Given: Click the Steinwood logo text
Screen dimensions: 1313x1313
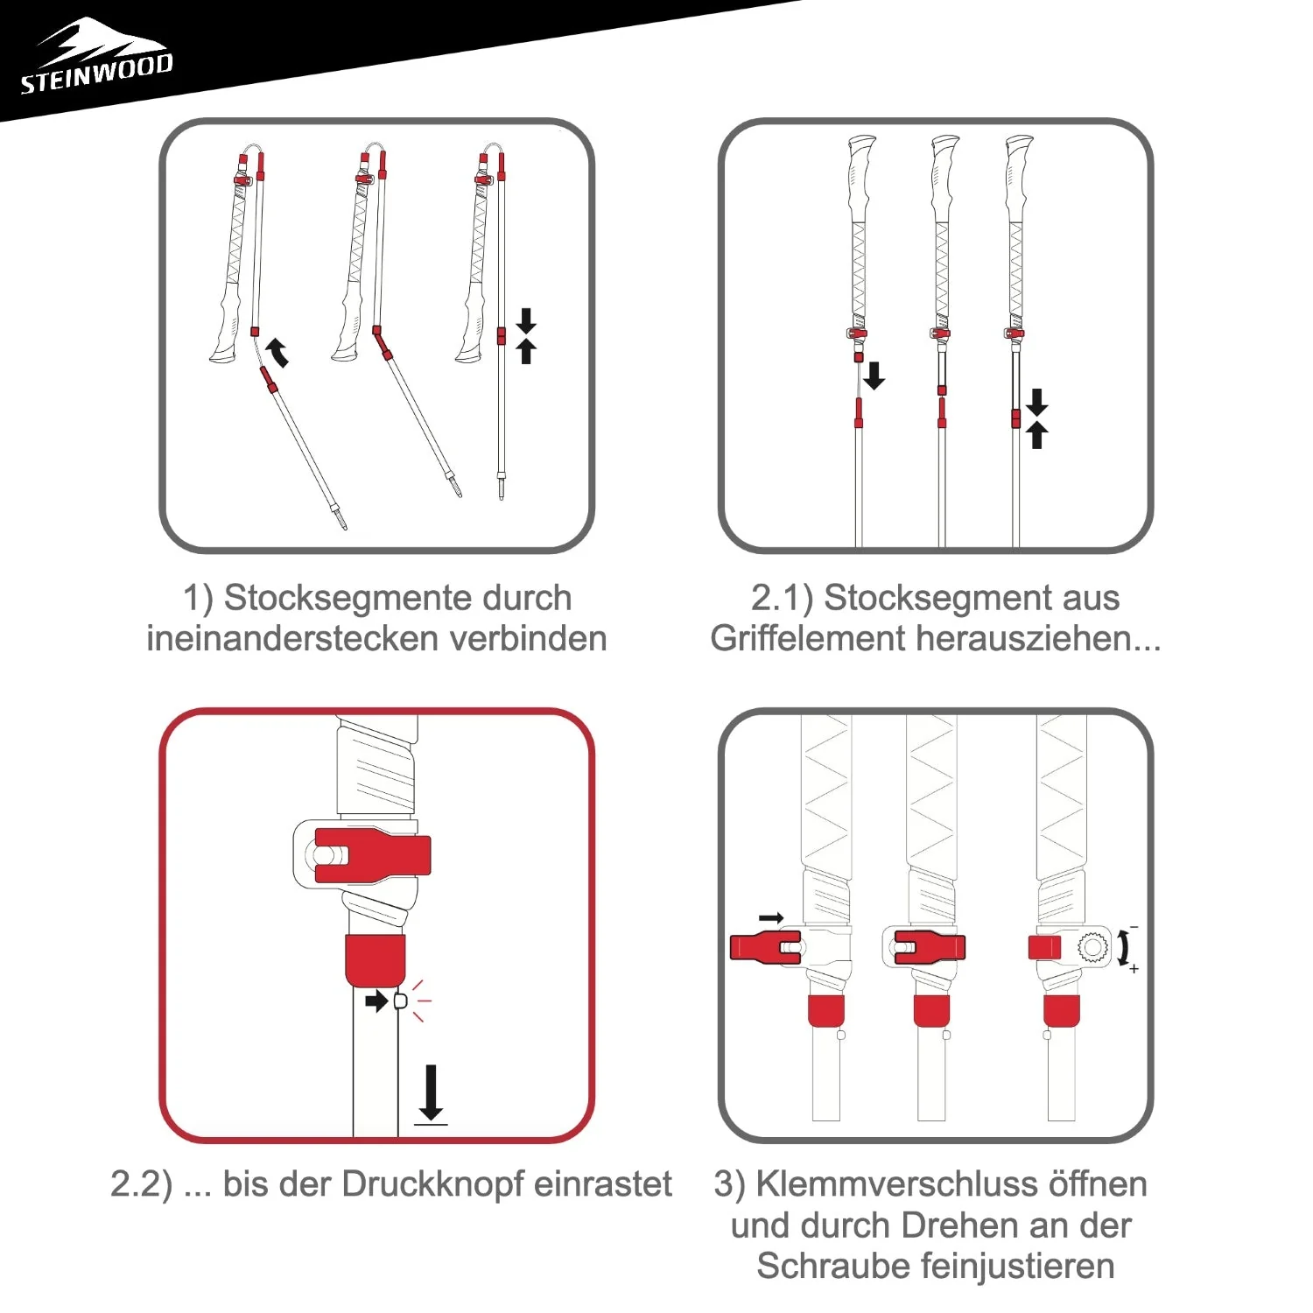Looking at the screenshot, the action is [x=96, y=74].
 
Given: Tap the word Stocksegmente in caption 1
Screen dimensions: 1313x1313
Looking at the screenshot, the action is [x=397, y=598].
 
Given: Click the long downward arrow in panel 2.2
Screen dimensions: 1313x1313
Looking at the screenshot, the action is [x=430, y=1093].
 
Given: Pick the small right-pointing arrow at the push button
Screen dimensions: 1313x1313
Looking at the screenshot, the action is [x=376, y=1001].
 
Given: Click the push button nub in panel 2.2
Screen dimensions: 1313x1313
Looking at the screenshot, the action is [x=402, y=1001].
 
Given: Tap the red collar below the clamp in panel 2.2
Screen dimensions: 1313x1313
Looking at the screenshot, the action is [x=375, y=960].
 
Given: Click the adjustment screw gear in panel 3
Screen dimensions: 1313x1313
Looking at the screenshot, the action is [x=1092, y=948].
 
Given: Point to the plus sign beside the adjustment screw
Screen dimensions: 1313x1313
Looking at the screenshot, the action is [x=1134, y=969].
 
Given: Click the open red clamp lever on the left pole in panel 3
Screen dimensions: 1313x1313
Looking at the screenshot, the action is [x=765, y=948].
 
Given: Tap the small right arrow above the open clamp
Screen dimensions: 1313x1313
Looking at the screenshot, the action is [x=771, y=918].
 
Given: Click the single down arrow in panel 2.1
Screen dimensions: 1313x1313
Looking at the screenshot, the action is [x=874, y=376].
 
